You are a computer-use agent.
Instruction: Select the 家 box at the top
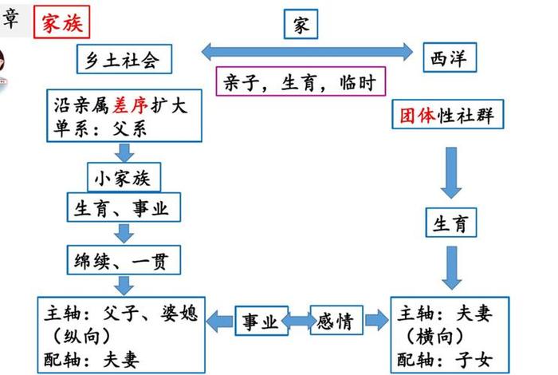pos(301,25)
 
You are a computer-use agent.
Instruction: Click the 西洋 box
pos(449,57)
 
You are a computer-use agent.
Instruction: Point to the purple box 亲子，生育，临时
pos(301,81)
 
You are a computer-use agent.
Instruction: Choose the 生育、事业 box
pos(123,209)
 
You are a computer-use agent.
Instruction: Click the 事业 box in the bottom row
pos(260,322)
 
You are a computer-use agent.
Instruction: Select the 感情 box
pos(336,321)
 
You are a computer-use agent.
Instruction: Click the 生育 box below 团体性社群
pos(450,224)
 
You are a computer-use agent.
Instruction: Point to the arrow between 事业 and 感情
pos(298,322)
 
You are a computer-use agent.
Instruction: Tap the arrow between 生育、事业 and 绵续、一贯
pos(123,233)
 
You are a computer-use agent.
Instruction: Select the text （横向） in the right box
pos(445,334)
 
